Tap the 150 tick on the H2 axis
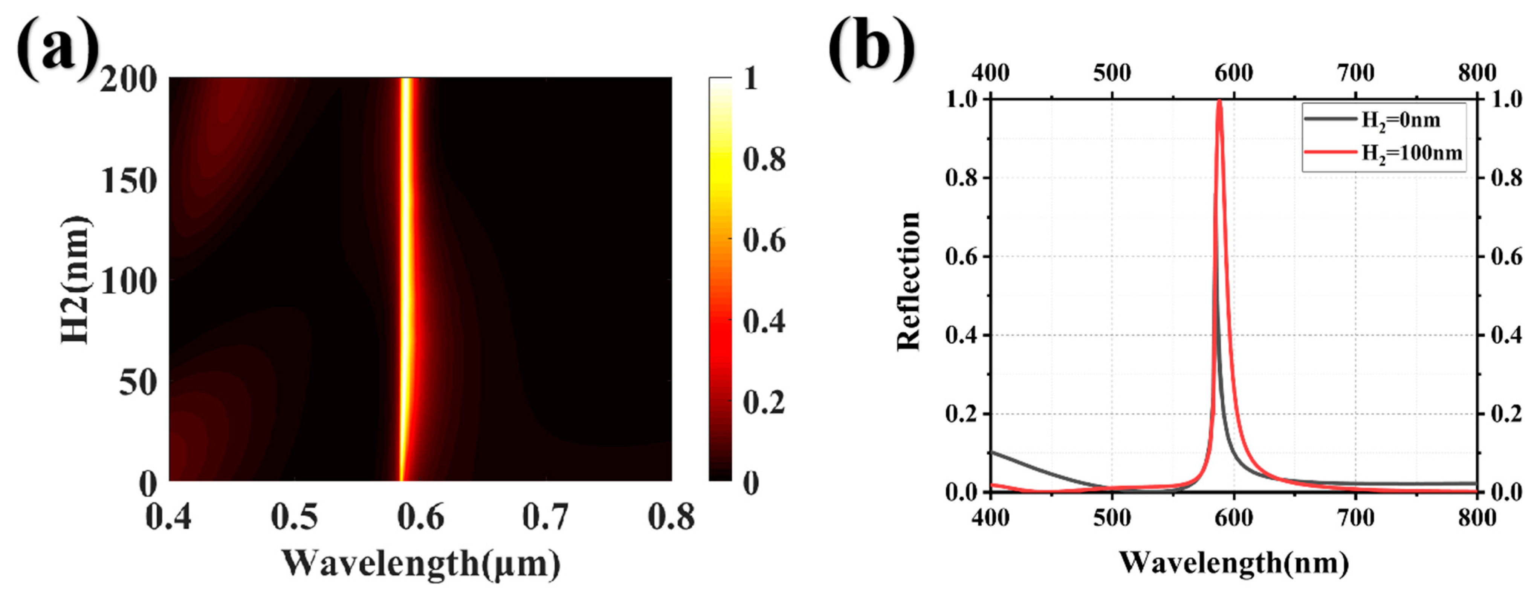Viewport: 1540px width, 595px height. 128,180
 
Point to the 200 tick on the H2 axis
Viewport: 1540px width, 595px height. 128,80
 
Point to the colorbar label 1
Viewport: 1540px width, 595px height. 751,78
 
